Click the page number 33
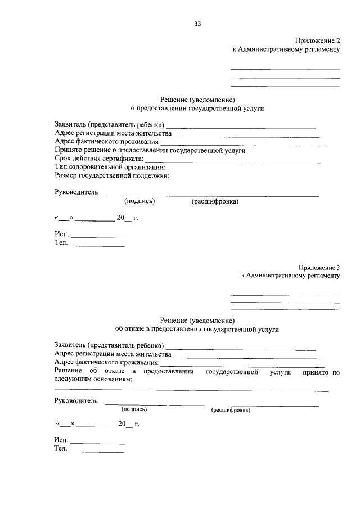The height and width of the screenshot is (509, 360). click(197, 24)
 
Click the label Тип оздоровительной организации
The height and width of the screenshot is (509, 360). click(110, 167)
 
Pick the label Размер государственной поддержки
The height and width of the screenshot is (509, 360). click(112, 175)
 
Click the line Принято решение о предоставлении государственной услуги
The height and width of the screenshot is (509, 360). click(150, 151)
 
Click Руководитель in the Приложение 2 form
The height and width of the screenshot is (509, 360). click(76, 192)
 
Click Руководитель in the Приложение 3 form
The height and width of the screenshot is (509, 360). click(76, 401)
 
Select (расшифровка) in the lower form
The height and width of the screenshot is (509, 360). click(231, 410)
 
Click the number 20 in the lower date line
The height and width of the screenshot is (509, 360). click(122, 425)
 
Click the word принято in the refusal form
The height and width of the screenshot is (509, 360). click(315, 372)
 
